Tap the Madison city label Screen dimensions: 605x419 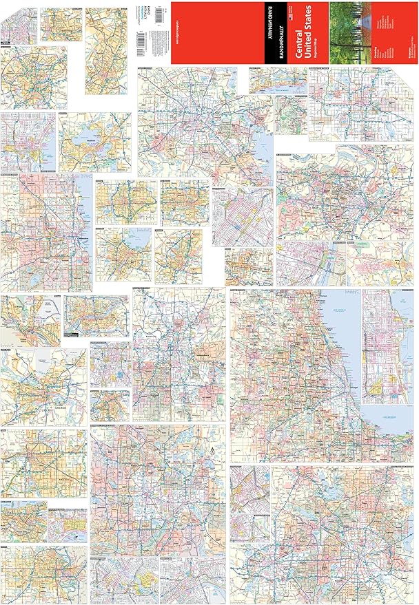[96, 144]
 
